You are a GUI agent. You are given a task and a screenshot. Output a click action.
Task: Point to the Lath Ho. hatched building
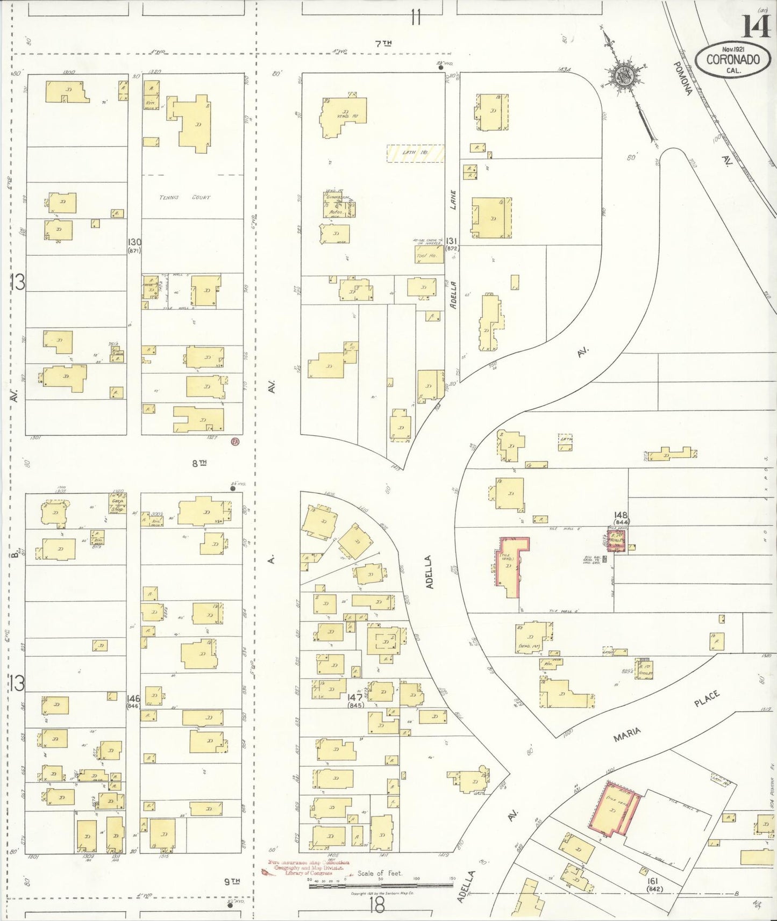pos(416,153)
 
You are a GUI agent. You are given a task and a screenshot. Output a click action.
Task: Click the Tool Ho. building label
pos(427,256)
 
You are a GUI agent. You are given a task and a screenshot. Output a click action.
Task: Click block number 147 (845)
pos(355,700)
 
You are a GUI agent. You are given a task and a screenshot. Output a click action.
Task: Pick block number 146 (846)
pos(133,701)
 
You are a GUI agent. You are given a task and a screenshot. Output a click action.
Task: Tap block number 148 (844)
pos(623,517)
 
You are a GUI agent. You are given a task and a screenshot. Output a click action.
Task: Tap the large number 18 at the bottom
pos(377,906)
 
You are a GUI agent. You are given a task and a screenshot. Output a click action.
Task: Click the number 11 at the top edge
pos(415,18)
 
